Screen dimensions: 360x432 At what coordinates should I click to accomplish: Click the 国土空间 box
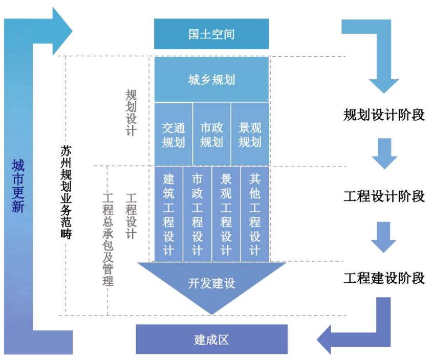[211, 34]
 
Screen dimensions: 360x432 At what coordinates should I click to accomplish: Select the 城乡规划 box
[211, 80]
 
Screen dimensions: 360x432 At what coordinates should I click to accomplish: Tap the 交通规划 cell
[173, 134]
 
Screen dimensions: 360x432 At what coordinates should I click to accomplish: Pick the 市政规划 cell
[211, 134]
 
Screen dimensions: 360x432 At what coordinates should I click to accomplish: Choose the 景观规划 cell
[250, 134]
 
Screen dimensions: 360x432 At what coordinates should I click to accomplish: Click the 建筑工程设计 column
[168, 215]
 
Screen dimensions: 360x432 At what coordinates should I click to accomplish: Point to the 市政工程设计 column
[197, 215]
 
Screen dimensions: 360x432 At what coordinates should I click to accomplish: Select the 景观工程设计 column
[226, 215]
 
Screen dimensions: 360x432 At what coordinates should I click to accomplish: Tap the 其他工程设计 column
[254, 215]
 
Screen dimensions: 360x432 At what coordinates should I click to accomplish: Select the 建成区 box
[211, 339]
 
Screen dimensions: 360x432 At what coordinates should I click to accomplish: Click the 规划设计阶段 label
[384, 114]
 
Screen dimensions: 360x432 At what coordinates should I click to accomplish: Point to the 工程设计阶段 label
[384, 196]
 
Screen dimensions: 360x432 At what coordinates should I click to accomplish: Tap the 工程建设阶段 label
[384, 278]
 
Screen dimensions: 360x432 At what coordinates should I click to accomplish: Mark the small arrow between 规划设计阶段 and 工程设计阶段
[384, 153]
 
